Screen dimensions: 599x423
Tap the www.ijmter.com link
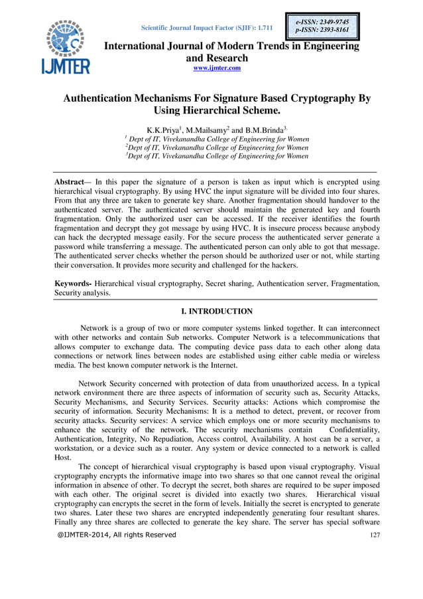pyautogui.click(x=216, y=68)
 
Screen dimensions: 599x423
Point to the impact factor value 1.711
pyautogui.click(x=263, y=27)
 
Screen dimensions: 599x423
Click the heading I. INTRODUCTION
pyautogui.click(x=217, y=311)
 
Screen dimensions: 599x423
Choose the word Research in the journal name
pyautogui.click(x=225, y=58)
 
